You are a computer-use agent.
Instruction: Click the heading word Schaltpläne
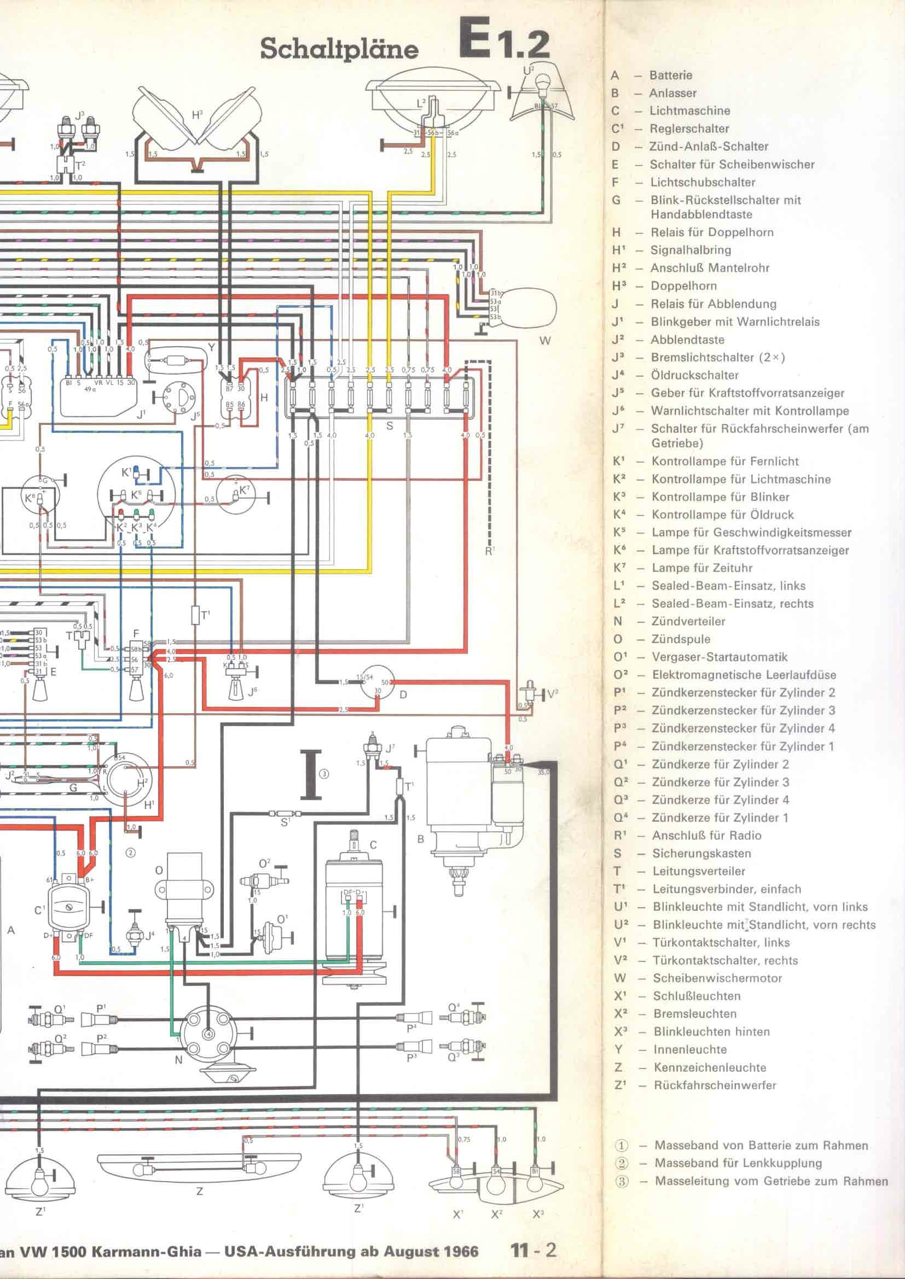pos(339,49)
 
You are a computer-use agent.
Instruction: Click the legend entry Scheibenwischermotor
pos(717,978)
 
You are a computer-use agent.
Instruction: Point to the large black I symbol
pos(311,774)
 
